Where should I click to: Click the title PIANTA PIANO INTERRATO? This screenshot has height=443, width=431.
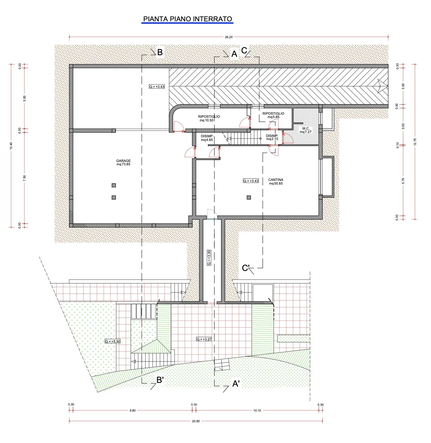pos(187,19)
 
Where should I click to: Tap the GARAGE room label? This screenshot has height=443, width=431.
pos(123,163)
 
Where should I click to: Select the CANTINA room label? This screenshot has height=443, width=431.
pos(276,182)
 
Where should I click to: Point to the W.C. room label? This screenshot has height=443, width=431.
pos(306,130)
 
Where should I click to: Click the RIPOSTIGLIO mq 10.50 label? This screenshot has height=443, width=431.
pos(209,118)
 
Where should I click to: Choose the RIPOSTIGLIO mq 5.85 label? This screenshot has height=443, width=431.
pos(273,115)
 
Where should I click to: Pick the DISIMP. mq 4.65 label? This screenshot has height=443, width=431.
pos(207,138)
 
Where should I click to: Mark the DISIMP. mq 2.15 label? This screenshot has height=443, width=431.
pos(272,137)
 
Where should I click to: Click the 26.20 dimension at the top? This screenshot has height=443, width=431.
pos(229,37)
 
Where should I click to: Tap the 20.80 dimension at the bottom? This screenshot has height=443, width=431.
pos(196,421)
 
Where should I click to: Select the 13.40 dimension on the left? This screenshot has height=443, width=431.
pos(11,146)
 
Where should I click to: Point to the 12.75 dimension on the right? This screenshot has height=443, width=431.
pos(415,142)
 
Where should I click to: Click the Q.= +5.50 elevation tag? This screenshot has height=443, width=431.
pos(113,341)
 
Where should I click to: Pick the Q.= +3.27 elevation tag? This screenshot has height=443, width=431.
pos(204,339)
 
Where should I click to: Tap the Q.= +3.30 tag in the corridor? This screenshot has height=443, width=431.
pos(209,258)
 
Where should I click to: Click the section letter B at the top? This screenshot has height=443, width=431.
pos(160,52)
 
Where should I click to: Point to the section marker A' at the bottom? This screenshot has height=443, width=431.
pos(236,384)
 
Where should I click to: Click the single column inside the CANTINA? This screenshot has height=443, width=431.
pos(249,197)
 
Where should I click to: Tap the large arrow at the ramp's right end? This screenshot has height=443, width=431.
pos(382,86)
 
